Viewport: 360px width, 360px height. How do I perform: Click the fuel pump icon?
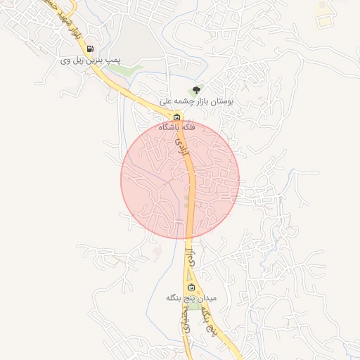[90, 49]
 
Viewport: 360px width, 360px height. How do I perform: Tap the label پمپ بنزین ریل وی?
[90, 61]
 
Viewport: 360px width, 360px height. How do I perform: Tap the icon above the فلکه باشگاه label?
[176, 117]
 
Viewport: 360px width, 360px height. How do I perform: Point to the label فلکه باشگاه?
[176, 127]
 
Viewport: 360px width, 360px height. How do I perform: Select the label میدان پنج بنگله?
[191, 298]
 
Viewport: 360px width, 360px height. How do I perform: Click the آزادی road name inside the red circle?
[182, 146]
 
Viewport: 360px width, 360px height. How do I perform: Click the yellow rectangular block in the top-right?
[323, 21]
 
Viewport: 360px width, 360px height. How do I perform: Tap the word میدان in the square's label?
[207, 298]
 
